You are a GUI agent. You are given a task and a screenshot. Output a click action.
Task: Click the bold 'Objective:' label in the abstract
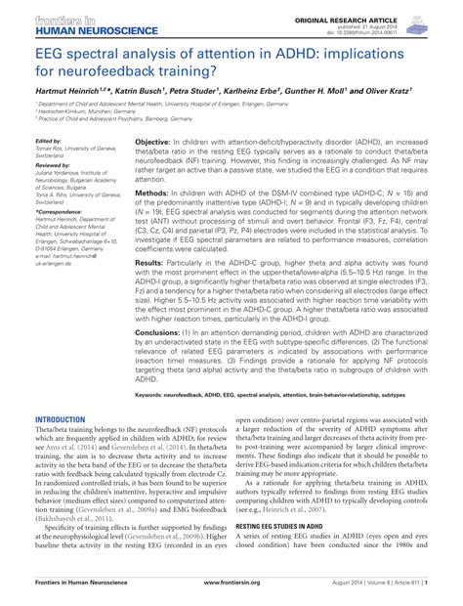[156, 142]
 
